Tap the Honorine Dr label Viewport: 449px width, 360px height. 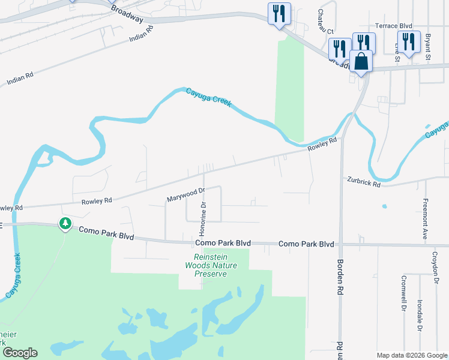tap(203, 219)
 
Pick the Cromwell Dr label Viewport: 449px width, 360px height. tap(402, 294)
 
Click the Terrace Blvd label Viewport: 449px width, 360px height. tap(394, 26)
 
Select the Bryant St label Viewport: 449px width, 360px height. tap(429, 47)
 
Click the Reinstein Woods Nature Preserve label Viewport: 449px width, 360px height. tap(211, 265)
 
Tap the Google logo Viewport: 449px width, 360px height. tap(20, 353)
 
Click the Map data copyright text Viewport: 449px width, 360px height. tap(411, 355)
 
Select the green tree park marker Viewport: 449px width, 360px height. tap(65, 224)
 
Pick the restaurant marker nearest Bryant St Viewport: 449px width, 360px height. tap(409, 42)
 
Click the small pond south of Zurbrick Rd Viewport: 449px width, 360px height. tap(384, 206)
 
